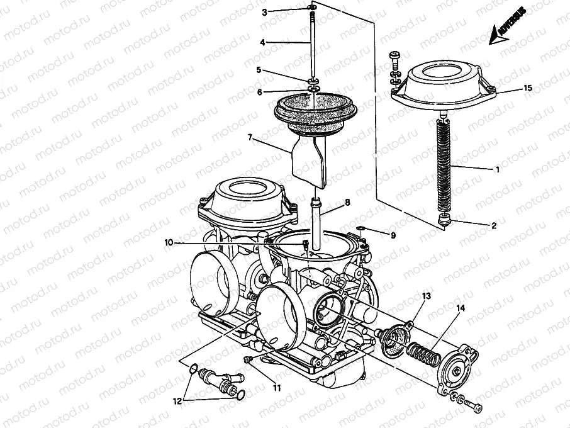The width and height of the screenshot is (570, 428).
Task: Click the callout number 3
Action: [x=265, y=12]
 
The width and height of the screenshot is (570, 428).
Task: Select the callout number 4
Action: [x=263, y=43]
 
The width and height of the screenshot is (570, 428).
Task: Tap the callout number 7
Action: [x=250, y=137]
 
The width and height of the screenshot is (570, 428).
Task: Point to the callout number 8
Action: [x=346, y=203]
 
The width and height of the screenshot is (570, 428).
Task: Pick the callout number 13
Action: [x=427, y=295]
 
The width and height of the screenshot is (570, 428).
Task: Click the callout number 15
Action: [x=528, y=88]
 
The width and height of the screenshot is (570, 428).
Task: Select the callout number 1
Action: [x=498, y=170]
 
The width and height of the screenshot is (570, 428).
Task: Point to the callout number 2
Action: [x=494, y=225]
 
